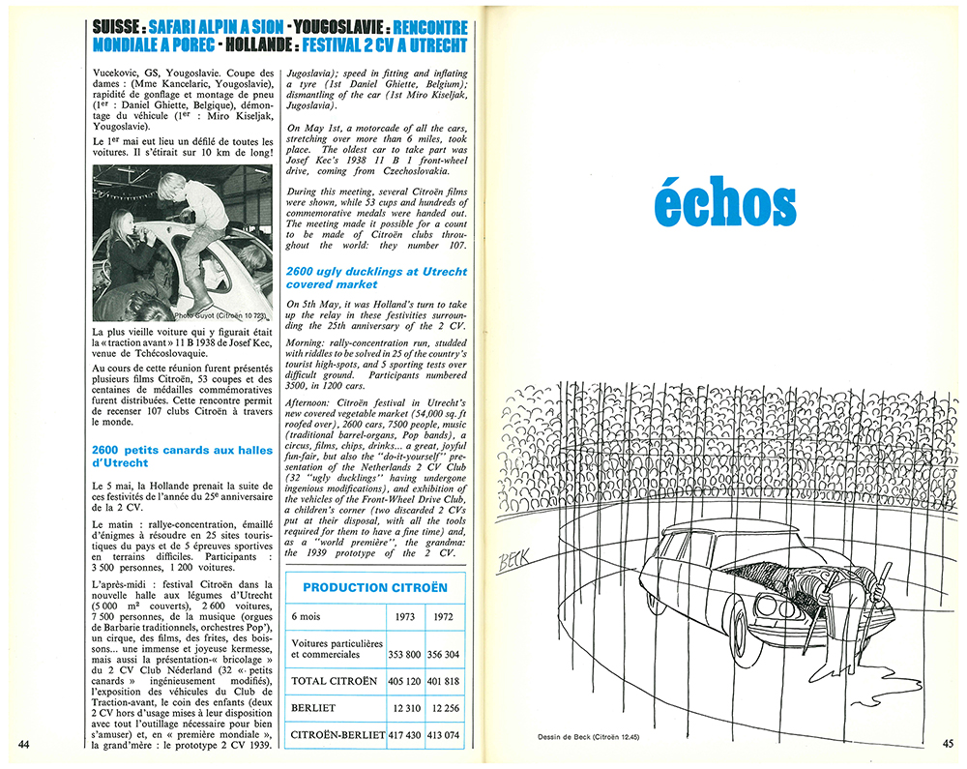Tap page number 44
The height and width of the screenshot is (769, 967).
[x=25, y=743]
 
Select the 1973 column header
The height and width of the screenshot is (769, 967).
[x=399, y=616]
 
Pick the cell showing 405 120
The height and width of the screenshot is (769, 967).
[x=399, y=681]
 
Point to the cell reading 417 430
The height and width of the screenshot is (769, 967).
[x=399, y=737]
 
